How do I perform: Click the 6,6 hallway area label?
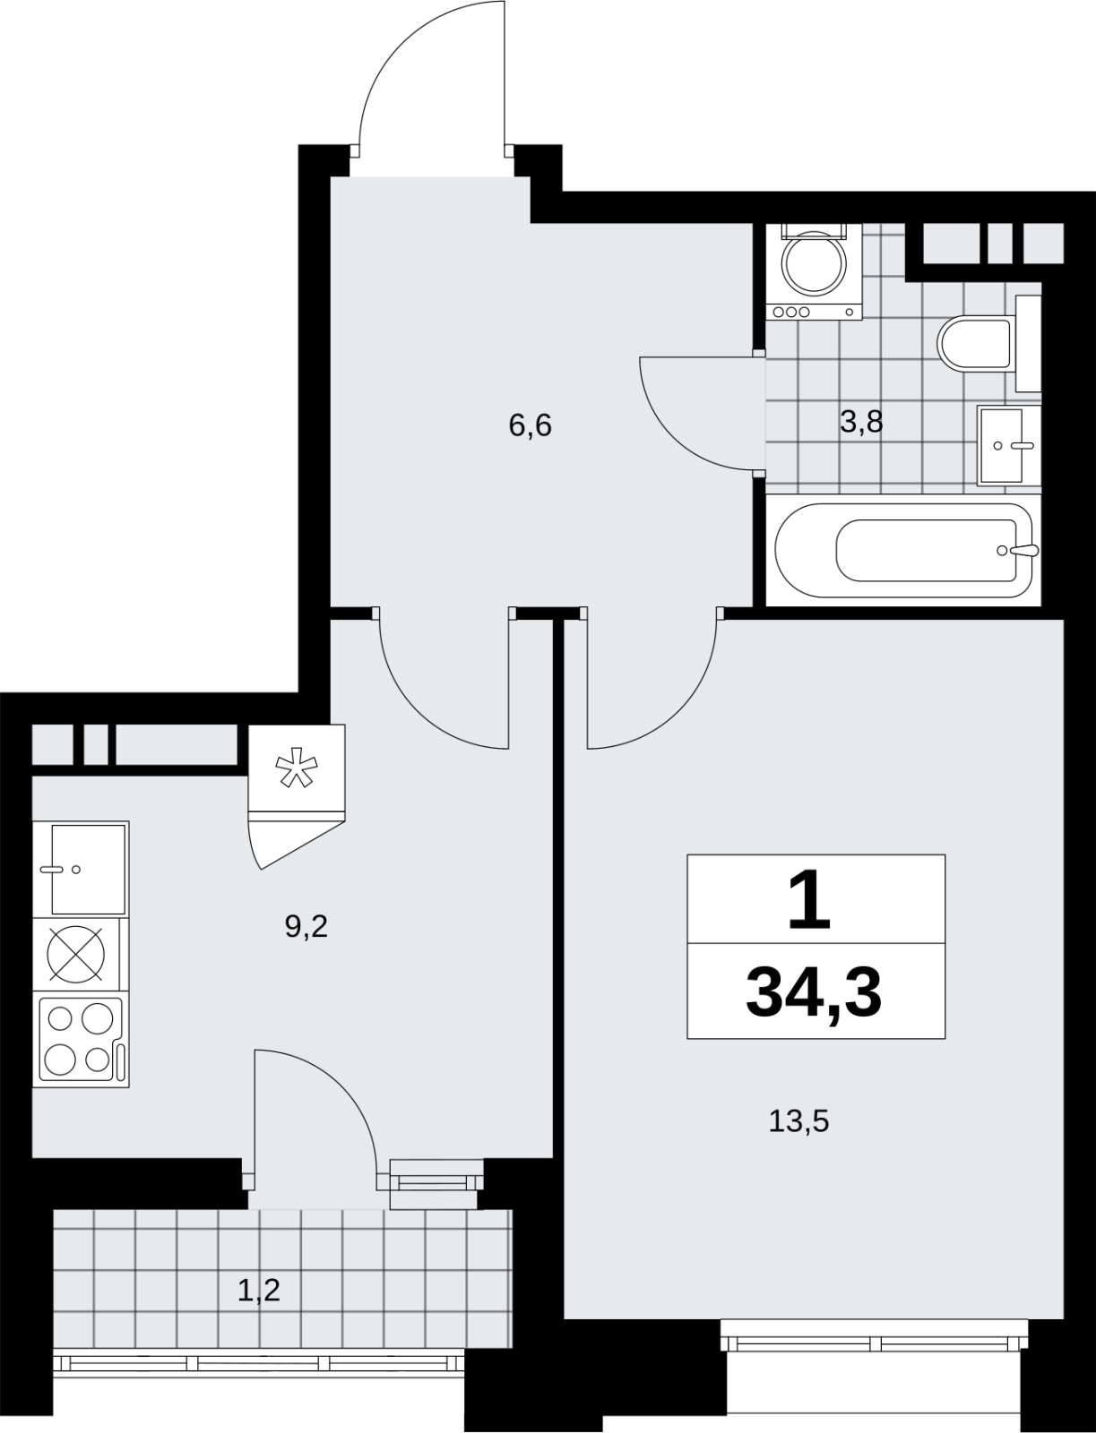point(530,426)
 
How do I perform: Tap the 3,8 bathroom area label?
point(861,423)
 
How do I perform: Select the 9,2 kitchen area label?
point(306,926)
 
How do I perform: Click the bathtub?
point(903,550)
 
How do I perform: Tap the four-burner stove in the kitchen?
point(81,1042)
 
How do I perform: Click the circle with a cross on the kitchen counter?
point(76,954)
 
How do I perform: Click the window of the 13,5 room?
point(874,1343)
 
